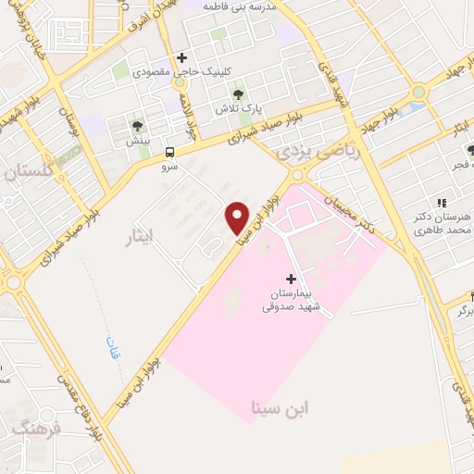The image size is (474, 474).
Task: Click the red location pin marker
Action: (237, 218)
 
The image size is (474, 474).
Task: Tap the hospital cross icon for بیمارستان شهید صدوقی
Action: (291, 278)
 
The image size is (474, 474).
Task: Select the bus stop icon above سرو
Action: (169, 153)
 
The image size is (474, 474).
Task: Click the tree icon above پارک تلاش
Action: (239, 94)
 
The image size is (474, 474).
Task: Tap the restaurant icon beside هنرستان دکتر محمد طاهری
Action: (442, 202)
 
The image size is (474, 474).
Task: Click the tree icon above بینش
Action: (137, 127)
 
